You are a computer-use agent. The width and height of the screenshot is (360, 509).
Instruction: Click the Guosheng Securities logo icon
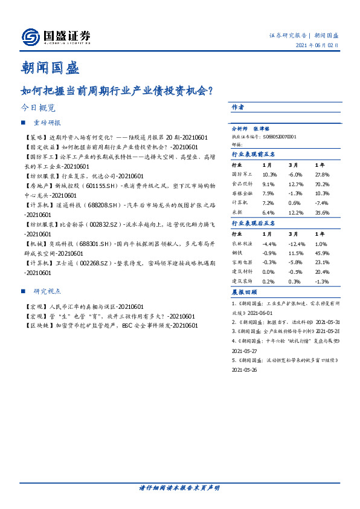coord(31,37)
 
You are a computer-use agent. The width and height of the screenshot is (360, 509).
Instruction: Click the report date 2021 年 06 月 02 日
coord(317,46)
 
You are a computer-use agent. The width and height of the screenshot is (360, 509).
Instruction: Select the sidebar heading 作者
coord(238,107)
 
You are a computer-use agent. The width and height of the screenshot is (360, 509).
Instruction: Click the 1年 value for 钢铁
coord(322,253)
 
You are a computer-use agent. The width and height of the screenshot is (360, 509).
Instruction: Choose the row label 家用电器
coord(242,262)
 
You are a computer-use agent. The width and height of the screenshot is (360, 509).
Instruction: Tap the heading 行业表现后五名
coord(254,223)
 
